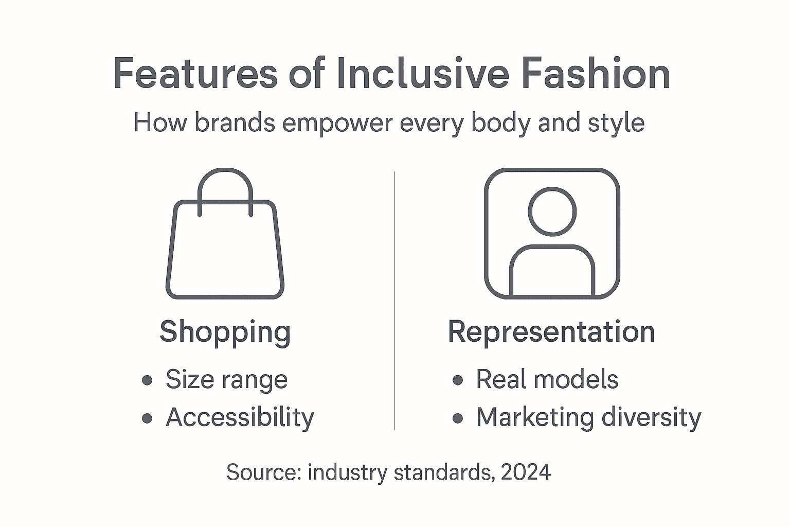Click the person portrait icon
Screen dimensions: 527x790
click(x=552, y=233)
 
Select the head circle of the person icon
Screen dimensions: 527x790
click(x=552, y=212)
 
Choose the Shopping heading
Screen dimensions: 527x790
click(x=225, y=332)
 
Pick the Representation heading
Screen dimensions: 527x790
click(x=551, y=332)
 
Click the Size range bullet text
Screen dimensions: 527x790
click(x=226, y=380)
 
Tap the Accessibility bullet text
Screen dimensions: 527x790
click(x=240, y=417)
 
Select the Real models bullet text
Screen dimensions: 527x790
click(x=547, y=380)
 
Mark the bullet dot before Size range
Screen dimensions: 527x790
click(x=147, y=380)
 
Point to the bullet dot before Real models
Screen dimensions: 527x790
click(x=457, y=380)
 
